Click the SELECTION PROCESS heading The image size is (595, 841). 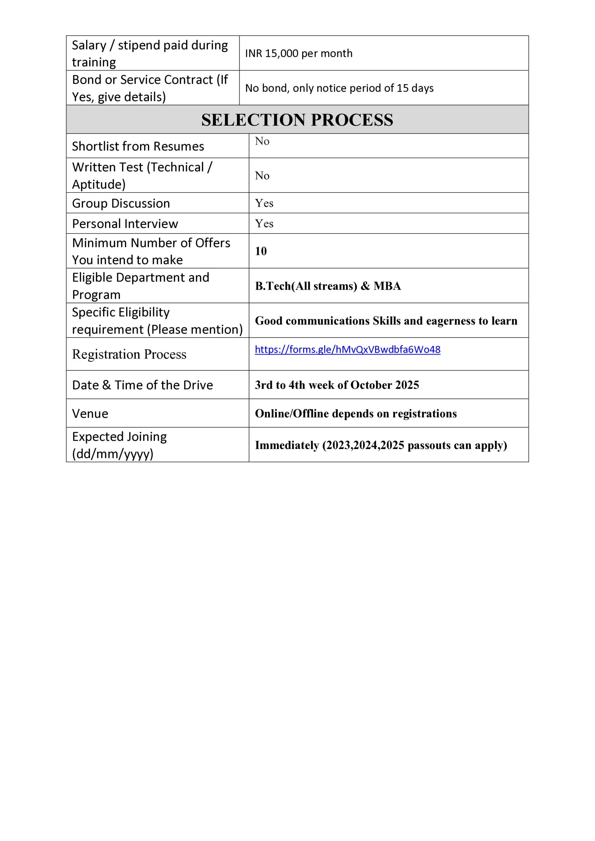297,120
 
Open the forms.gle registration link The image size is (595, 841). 347,350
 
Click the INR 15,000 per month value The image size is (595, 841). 299,54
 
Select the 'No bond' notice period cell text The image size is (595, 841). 339,88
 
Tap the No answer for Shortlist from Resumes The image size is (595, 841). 262,141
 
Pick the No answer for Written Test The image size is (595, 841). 262,176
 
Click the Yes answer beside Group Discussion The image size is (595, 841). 264,203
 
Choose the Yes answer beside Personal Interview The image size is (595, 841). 264,224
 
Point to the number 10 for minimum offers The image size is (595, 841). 261,251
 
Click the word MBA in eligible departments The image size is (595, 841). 387,286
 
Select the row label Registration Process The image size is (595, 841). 129,354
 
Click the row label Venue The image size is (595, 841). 90,414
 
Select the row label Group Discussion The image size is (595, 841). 121,204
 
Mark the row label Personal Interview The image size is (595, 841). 125,224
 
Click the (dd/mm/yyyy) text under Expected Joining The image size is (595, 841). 112,454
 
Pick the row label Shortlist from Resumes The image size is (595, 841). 138,147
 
